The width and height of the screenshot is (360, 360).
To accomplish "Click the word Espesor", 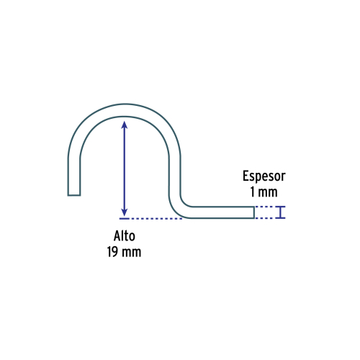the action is pyautogui.click(x=264, y=176).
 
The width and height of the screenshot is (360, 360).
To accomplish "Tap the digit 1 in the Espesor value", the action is pyautogui.click(x=253, y=192).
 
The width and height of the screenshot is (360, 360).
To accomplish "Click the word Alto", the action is pyautogui.click(x=125, y=236).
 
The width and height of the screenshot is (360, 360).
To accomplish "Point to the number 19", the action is pyautogui.click(x=112, y=252).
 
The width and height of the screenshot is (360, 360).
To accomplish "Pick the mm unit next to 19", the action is pyautogui.click(x=131, y=253).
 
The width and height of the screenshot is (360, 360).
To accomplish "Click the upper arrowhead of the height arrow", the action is pyautogui.click(x=125, y=125).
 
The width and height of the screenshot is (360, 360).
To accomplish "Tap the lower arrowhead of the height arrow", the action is pyautogui.click(x=125, y=212).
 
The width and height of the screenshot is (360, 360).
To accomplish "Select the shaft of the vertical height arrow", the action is pyautogui.click(x=125, y=168).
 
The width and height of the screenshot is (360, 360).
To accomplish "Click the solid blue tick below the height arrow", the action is pyautogui.click(x=125, y=219).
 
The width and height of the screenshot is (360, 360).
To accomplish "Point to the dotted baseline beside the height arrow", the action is pyautogui.click(x=156, y=219).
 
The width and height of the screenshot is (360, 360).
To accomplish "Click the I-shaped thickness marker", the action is pyautogui.click(x=280, y=212).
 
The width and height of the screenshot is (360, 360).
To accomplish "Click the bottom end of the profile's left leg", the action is pyautogui.click(x=74, y=195).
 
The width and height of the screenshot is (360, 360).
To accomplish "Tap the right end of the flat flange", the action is pyautogui.click(x=254, y=212).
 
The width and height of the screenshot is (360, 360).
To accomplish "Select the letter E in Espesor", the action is pyautogui.click(x=246, y=176).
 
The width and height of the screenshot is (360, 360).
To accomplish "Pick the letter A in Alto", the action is pyautogui.click(x=117, y=236).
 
